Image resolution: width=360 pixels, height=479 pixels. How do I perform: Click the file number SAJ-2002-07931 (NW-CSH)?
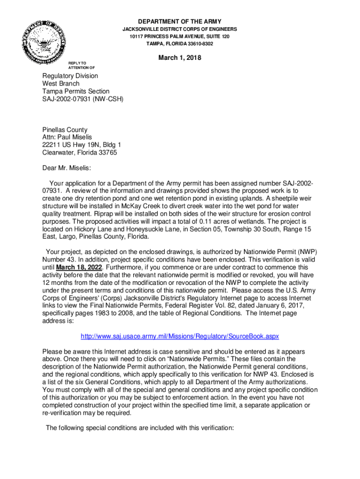pyautogui.click(x=83, y=99)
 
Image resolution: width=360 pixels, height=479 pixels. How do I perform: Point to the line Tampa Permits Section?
pyautogui.click(x=76, y=91)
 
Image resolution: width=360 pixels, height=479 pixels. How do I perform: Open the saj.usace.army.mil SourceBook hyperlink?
pyautogui.click(x=180, y=336)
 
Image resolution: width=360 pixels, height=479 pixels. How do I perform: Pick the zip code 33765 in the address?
pyautogui.click(x=107, y=152)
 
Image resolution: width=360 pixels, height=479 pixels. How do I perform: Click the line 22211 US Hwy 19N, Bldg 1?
pyautogui.click(x=82, y=145)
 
